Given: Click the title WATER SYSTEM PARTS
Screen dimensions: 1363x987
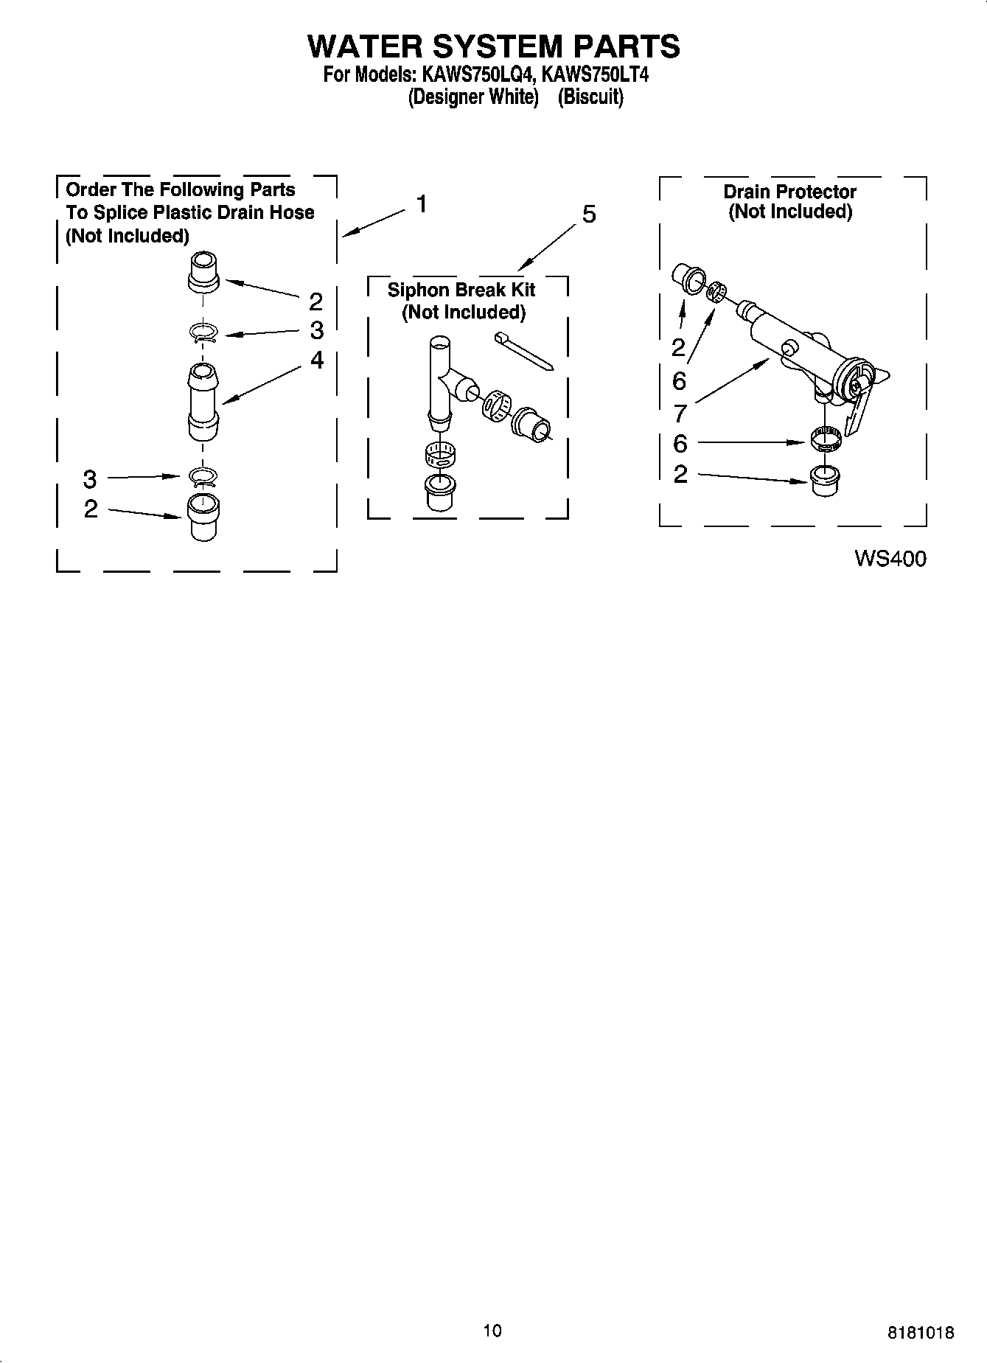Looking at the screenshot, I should coord(493,46).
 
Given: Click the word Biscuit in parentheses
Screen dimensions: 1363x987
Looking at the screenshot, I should coord(590,97).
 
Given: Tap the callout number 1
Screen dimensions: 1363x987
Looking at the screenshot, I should coord(421,204).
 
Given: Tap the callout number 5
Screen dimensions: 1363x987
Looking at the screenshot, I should coord(588,215).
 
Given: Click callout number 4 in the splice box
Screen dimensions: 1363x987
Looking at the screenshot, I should coord(316,360).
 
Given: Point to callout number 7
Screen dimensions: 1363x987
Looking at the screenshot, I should coord(680,413).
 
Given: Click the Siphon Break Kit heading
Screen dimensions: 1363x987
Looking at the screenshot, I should coord(462,290).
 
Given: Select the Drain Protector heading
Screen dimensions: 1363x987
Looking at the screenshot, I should coord(789,192).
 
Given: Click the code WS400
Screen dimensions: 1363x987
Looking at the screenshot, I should coord(890,559).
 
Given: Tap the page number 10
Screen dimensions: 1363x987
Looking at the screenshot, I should coord(492,1330).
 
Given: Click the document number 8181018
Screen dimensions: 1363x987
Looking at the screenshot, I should coord(921,1332).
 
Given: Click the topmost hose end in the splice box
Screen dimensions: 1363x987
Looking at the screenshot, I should coord(203,272).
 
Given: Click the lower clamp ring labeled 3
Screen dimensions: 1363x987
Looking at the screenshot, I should coord(202,478).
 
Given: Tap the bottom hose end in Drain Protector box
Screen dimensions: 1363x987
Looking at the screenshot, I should coord(824,481).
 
